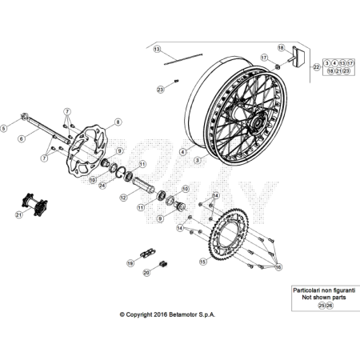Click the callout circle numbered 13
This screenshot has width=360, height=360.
[x=157, y=49]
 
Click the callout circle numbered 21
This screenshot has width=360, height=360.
[x=18, y=214]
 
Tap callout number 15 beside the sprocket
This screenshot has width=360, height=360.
[x=202, y=261]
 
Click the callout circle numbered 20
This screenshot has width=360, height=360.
[x=146, y=272]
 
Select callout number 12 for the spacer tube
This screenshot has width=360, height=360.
[x=124, y=196]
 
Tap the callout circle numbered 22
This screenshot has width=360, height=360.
[x=316, y=68]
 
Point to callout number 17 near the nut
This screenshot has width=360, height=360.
[x=263, y=58]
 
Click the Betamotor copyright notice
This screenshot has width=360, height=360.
[x=167, y=315]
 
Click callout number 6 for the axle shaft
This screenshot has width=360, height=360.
[x=22, y=137]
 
